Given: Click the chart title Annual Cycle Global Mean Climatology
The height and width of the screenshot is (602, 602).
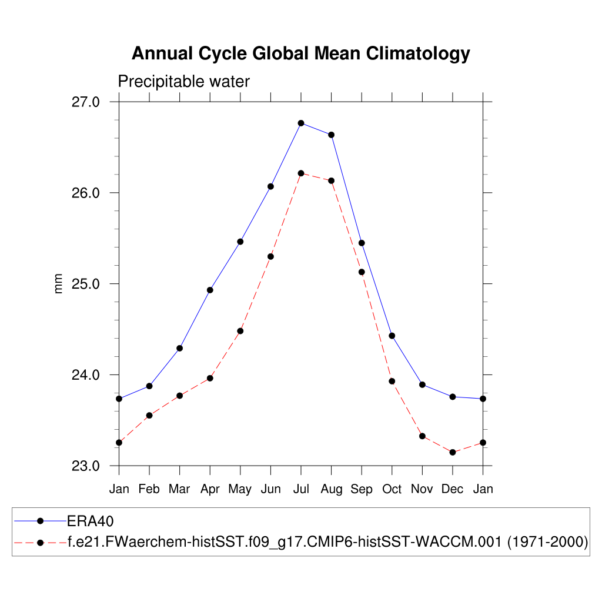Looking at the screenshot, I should tap(300, 53).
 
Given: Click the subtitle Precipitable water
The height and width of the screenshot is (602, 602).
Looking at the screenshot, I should tap(184, 82).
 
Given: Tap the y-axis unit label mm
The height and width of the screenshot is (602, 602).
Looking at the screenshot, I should tap(58, 283).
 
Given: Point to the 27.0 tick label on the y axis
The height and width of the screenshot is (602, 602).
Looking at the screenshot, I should tap(86, 102).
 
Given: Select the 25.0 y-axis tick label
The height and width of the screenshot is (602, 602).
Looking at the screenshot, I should tap(86, 284).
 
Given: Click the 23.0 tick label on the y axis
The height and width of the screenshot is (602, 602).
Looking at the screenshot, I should tap(86, 466).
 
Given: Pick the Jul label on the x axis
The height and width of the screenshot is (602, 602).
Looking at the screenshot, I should tap(301, 489).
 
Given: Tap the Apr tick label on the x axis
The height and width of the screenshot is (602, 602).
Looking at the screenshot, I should tap(210, 489).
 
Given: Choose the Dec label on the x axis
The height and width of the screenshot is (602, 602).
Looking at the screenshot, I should tap(452, 489).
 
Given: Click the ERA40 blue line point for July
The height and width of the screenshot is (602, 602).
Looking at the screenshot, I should tap(301, 123).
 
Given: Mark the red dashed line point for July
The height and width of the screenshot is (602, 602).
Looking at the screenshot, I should tap(301, 173).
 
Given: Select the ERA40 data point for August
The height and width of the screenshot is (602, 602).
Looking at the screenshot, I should tap(332, 135).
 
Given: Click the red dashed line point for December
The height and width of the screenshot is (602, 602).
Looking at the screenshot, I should tap(453, 452).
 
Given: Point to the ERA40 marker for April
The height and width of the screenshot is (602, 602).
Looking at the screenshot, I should tap(210, 290).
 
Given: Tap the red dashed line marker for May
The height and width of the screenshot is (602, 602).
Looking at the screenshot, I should tap(240, 331).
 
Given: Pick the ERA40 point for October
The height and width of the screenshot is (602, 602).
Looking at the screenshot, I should tap(392, 336).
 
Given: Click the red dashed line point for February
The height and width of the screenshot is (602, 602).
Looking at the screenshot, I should tap(149, 415).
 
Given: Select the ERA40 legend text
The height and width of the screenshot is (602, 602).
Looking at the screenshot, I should tap(90, 521).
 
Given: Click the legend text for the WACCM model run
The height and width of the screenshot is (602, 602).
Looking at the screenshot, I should tap(328, 542).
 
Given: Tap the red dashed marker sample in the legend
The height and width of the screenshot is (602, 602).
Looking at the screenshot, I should tap(40, 542).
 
